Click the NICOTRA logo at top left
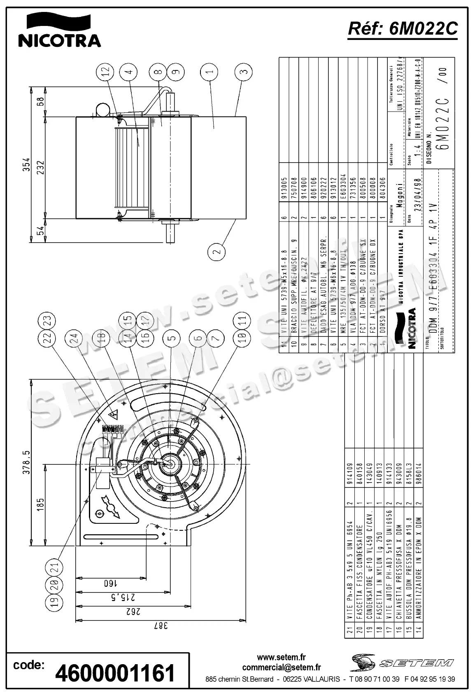coord(59,30)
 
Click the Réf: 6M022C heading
coord(403,29)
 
